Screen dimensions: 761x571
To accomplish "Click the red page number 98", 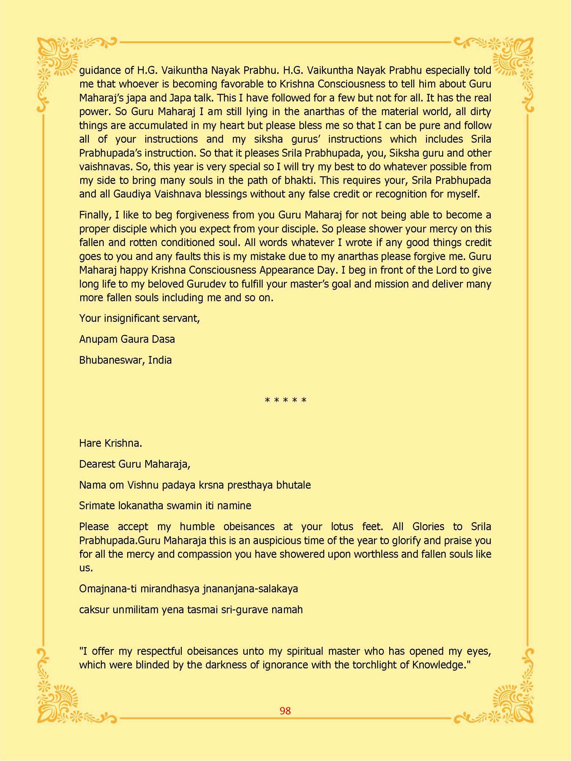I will point(285,711).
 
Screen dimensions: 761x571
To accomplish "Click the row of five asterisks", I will point(285,400).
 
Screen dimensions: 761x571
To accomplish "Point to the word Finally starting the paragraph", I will point(95,215).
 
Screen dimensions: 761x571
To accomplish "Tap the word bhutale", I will point(293,485).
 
